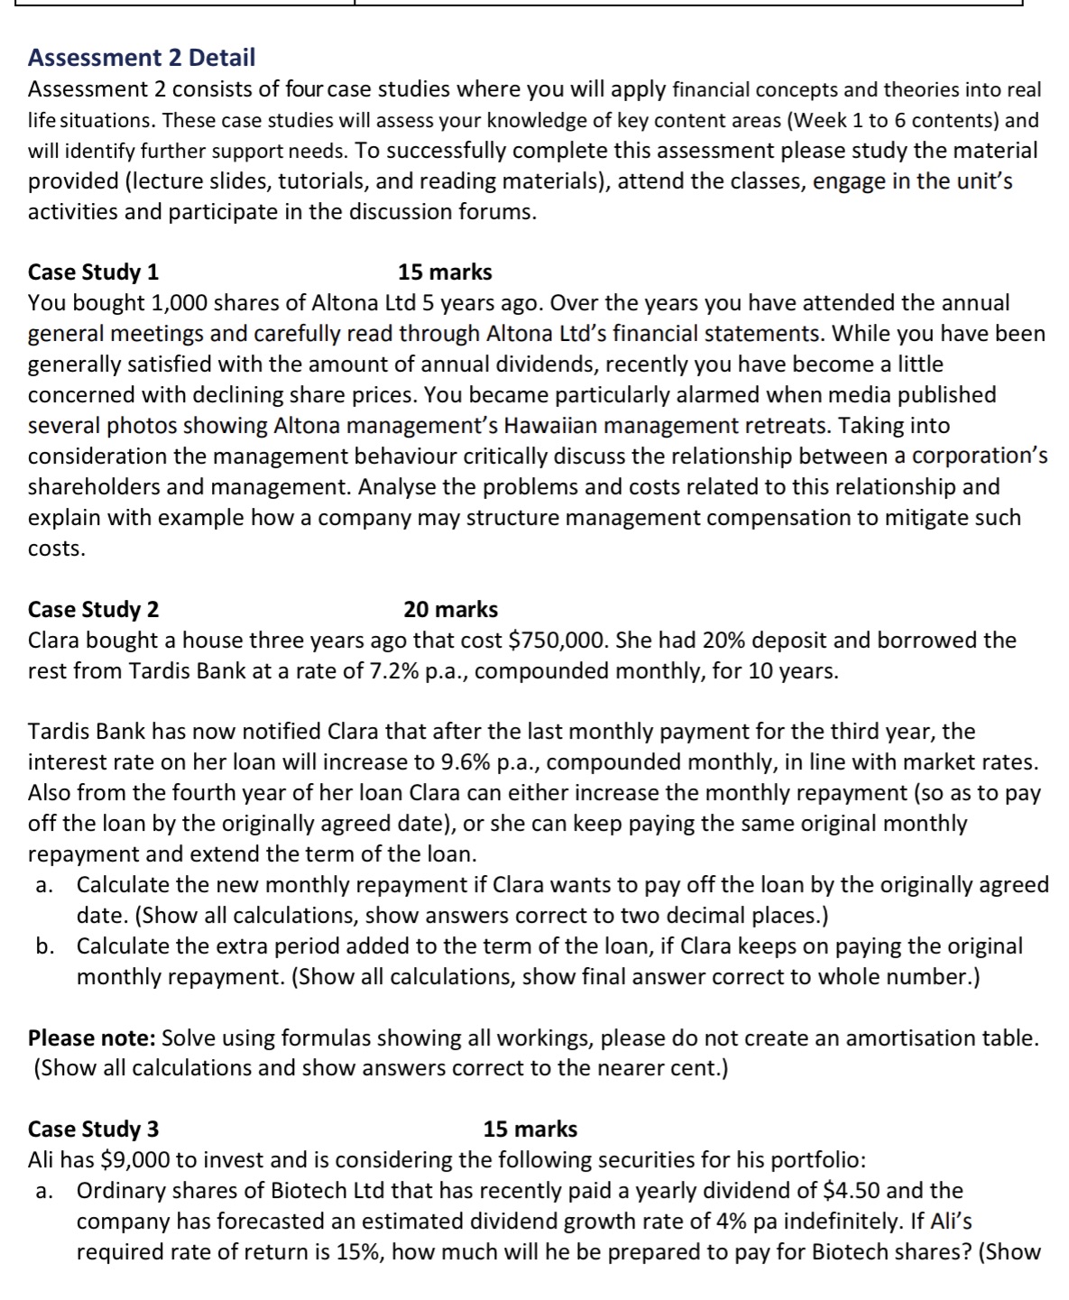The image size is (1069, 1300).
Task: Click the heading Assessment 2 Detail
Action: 142,58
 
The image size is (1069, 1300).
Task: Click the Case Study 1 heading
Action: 94,272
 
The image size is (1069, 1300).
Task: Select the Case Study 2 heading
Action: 94,609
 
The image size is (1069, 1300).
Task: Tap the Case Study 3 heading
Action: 94,1129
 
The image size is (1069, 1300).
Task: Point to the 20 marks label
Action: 451,609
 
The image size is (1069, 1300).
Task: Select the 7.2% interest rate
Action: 396,671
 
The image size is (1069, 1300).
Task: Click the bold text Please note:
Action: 91,1037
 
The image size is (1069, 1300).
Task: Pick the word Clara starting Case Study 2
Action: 57,641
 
